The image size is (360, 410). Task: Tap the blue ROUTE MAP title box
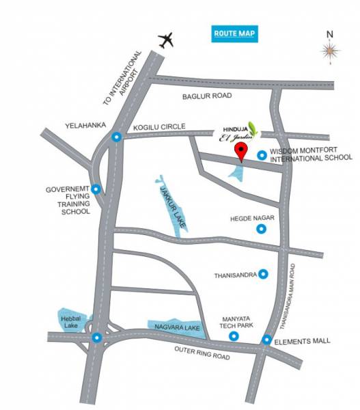[234, 33]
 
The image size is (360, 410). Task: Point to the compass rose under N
[329, 49]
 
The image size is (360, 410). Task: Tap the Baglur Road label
[208, 97]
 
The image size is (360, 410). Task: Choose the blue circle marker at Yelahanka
[116, 137]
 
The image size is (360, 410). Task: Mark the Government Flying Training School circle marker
[96, 189]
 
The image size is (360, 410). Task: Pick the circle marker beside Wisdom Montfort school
[261, 156]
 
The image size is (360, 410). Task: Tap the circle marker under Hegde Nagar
[261, 230]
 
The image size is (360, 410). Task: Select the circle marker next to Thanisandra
[263, 274]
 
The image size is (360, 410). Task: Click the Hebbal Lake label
[69, 321]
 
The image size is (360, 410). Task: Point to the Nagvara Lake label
[173, 328]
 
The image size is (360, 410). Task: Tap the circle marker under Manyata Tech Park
[234, 336]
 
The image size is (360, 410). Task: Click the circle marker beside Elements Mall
[266, 340]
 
